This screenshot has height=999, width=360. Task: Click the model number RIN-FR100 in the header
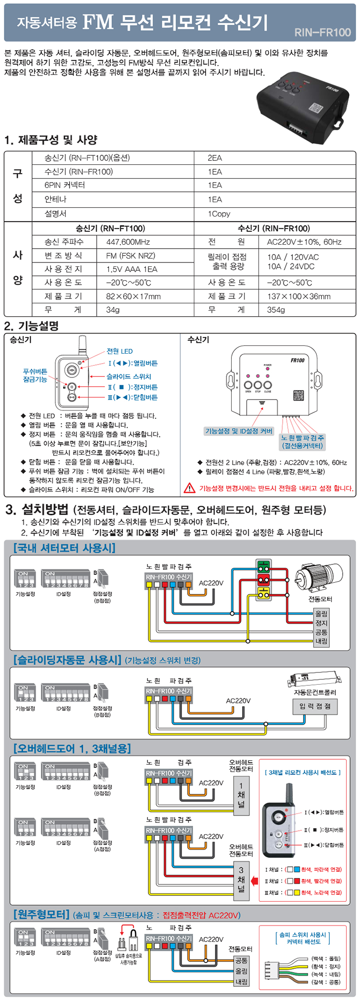point(323,33)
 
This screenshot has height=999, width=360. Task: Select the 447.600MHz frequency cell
point(128,242)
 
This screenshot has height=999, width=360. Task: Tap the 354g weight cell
point(276,310)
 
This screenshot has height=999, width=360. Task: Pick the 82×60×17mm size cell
point(133,296)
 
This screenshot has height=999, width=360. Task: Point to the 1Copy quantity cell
point(219,214)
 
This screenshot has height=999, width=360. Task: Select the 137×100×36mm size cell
point(299,296)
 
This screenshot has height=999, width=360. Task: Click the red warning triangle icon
point(189,488)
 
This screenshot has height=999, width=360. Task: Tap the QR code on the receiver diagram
point(299,396)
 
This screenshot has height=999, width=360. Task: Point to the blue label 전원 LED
point(120,351)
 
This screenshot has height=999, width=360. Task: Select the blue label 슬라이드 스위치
point(129,376)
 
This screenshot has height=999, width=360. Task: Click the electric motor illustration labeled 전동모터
point(318,577)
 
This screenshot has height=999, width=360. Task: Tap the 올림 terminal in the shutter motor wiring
point(321,614)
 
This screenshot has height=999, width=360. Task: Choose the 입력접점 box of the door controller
point(315,706)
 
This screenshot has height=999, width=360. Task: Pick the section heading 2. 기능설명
point(31,326)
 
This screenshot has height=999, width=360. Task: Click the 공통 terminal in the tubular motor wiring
point(241,961)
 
